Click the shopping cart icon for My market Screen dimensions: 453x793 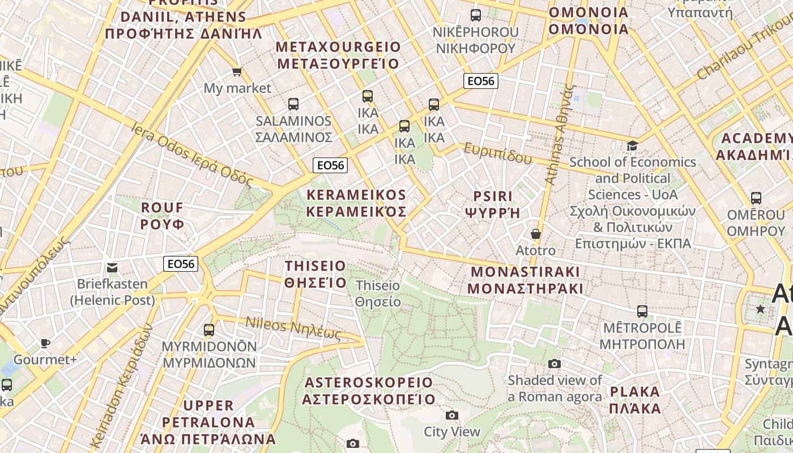pyautogui.click(x=237, y=72)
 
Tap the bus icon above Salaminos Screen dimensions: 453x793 pyautogui.click(x=293, y=104)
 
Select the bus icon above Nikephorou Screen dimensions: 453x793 pyautogui.click(x=476, y=15)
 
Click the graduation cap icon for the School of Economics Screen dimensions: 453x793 pyautogui.click(x=632, y=146)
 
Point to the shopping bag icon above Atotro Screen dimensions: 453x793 pyautogui.click(x=535, y=233)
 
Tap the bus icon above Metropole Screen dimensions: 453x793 pyautogui.click(x=642, y=311)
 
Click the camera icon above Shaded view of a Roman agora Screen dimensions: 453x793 pyautogui.click(x=555, y=364)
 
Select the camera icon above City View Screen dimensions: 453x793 pyautogui.click(x=451, y=415)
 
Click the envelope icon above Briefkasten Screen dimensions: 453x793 pyautogui.click(x=112, y=267)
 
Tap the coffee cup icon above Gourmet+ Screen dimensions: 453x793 pyautogui.click(x=45, y=343)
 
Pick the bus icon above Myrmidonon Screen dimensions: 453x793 pyautogui.click(x=209, y=330)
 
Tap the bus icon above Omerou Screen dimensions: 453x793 pyautogui.click(x=756, y=198)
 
